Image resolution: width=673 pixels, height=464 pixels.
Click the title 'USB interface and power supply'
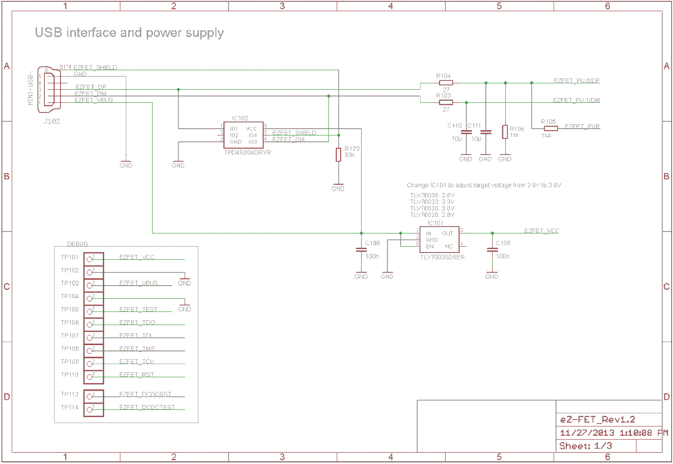pos(129,33)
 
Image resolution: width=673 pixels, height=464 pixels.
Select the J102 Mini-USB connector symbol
pos(49,87)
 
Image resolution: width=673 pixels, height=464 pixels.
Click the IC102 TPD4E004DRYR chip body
pos(243,135)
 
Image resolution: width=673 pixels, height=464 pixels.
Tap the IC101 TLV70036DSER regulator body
pos(439,239)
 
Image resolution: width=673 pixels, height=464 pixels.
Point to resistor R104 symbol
pos(446,83)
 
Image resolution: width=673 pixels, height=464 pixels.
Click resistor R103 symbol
pos(446,102)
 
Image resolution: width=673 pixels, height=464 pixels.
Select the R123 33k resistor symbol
pos(338,155)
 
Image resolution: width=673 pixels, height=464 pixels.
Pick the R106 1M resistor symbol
pos(505,132)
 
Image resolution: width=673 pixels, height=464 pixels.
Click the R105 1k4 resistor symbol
pos(551,128)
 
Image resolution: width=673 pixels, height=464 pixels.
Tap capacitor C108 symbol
pos(361,250)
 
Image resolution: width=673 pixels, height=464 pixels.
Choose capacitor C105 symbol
pos(492,250)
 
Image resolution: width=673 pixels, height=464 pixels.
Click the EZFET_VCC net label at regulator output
pos(541,231)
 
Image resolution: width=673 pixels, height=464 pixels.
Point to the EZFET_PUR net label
pos(582,126)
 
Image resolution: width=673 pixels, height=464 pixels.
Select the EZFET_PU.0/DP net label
pos(577,80)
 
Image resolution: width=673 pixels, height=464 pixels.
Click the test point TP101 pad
pos(90,259)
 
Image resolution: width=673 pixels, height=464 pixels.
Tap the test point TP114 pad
pos(90,409)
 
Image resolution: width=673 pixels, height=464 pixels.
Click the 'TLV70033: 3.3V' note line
pos(432,201)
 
